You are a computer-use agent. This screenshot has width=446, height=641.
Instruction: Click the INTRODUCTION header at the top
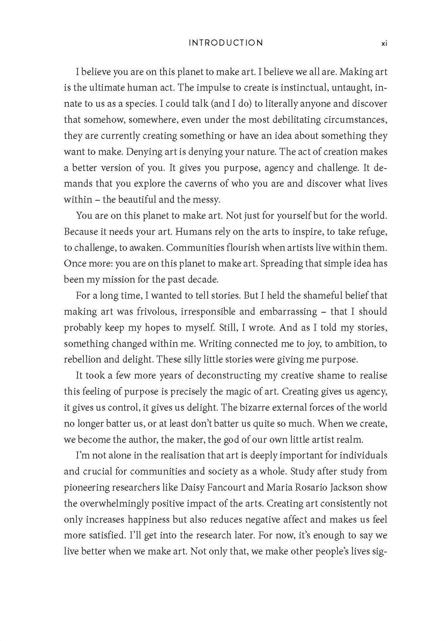[226, 43]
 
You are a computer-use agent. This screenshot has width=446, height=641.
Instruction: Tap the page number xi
[384, 43]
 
